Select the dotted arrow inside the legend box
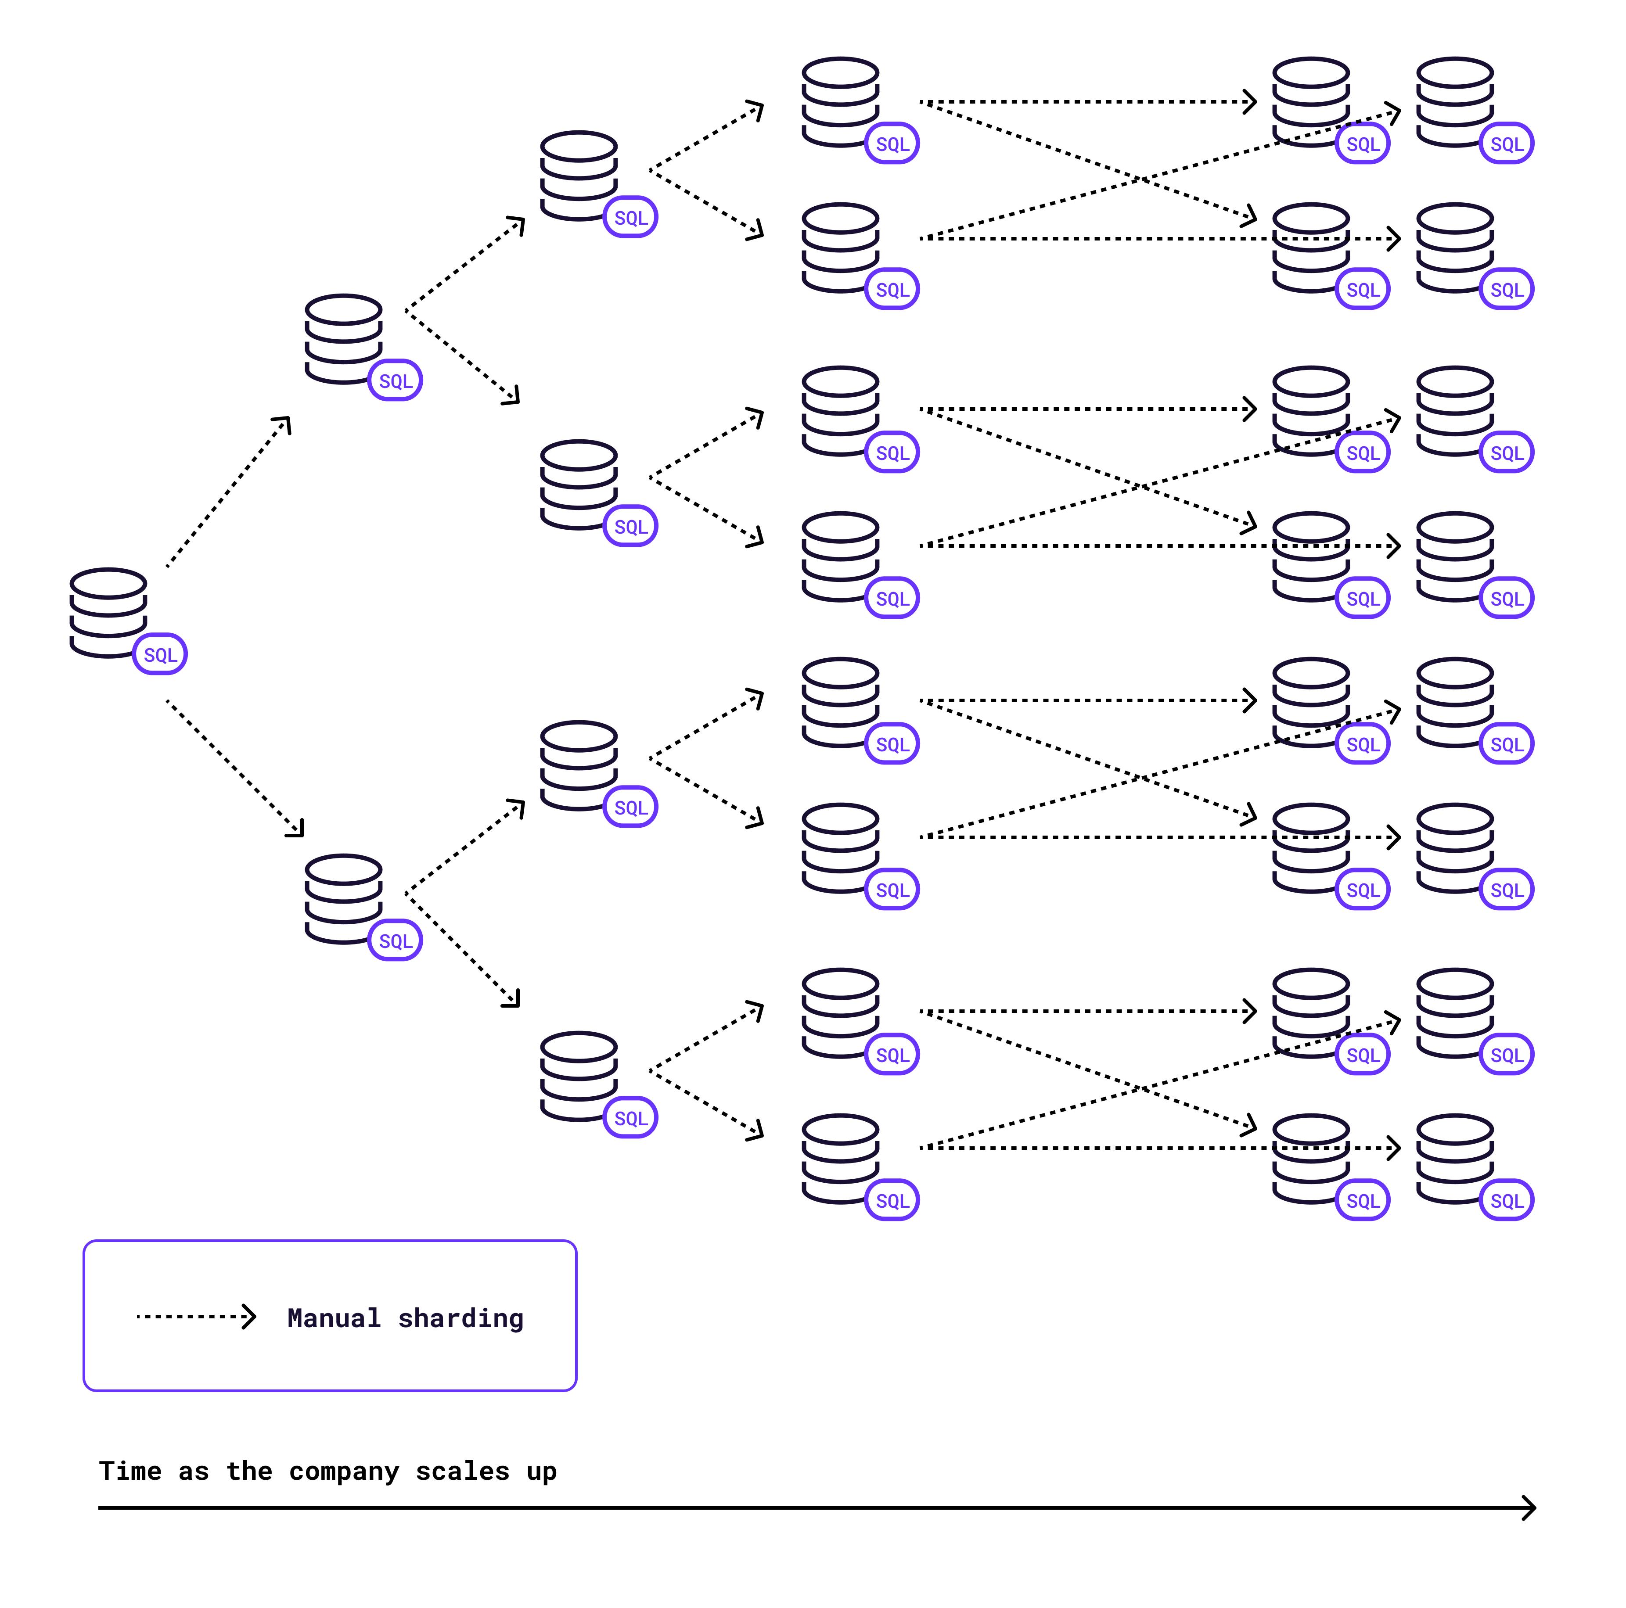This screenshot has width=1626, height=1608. [x=195, y=1317]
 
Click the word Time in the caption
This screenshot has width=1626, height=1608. [x=130, y=1472]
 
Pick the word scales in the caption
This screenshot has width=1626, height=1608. [x=462, y=1472]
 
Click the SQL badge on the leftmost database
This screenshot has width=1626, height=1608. [x=160, y=655]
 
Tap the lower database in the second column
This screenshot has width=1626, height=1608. [x=343, y=899]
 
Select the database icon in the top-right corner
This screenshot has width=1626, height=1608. [x=1455, y=102]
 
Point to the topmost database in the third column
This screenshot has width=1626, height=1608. [x=579, y=175]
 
